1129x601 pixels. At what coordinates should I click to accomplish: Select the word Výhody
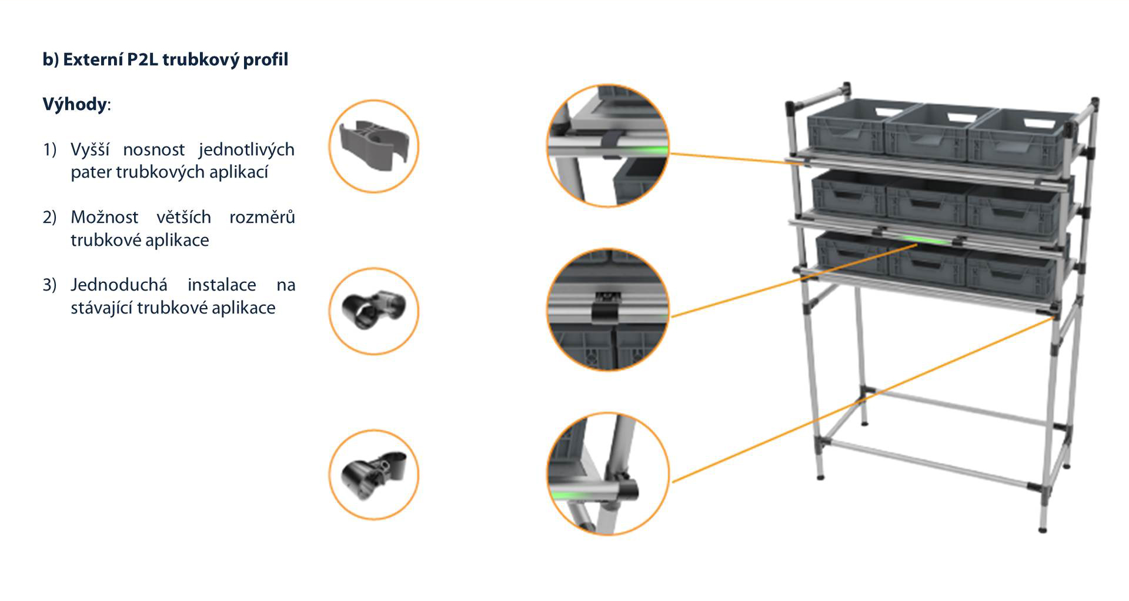(75, 105)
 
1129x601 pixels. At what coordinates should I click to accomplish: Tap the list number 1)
(49, 150)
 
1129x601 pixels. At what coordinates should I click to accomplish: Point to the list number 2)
(49, 218)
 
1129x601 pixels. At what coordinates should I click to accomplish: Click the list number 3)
(49, 285)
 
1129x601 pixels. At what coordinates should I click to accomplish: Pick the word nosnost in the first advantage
(153, 150)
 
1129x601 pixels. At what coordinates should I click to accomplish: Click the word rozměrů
(262, 217)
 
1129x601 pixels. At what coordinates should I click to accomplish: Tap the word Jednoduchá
(119, 285)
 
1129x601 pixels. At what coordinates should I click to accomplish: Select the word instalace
(222, 285)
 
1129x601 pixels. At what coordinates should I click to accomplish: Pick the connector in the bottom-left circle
(373, 474)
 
